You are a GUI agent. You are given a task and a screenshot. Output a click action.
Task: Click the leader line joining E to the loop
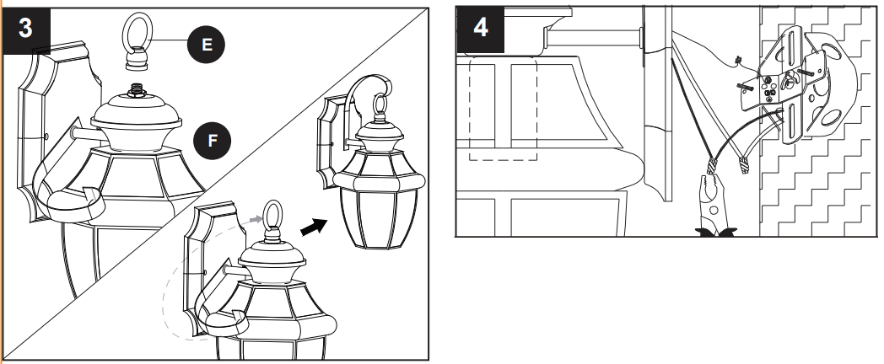click(173, 41)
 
